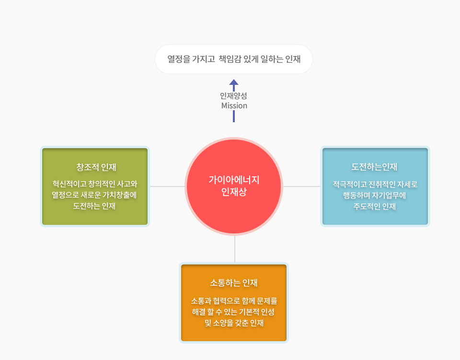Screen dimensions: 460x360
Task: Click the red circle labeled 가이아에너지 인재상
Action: point(234,186)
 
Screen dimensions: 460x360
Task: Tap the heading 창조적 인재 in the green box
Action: point(96,167)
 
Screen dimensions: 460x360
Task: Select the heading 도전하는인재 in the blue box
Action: point(374,167)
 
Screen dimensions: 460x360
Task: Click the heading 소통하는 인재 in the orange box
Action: point(234,283)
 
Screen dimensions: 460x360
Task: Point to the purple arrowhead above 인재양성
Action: point(234,82)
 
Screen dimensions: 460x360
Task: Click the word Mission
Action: point(234,105)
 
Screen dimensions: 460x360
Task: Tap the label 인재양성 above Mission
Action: point(233,96)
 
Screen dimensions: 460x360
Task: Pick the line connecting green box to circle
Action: point(167,186)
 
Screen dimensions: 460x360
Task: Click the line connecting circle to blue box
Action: point(301,186)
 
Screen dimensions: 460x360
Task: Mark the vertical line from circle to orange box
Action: point(235,249)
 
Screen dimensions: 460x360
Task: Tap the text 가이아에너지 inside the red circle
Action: point(234,180)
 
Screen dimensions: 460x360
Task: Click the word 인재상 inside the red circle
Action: point(234,192)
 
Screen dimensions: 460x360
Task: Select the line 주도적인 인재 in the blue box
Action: point(375,207)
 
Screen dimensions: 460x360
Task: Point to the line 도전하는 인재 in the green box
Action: point(94,206)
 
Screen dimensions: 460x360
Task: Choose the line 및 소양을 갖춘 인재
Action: point(234,323)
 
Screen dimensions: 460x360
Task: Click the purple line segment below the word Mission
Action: point(234,116)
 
